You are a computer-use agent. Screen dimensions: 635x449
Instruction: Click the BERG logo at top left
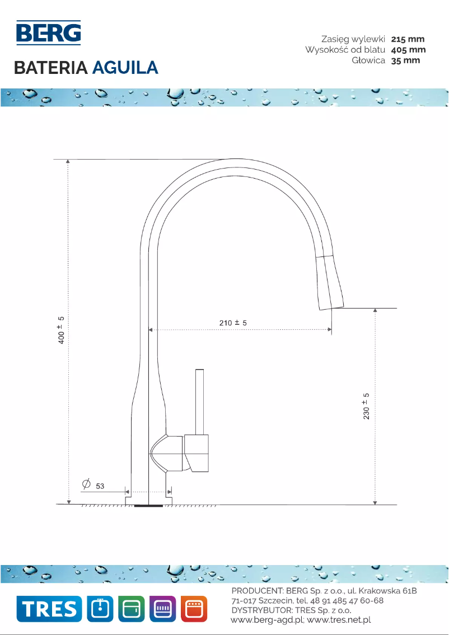point(48,33)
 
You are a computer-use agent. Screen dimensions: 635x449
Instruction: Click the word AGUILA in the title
point(125,68)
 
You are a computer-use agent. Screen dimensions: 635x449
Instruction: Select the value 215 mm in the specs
point(408,39)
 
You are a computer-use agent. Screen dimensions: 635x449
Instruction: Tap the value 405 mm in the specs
point(408,50)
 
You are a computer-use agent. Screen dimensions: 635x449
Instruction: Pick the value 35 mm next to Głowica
point(405,60)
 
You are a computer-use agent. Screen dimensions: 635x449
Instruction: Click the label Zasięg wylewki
point(353,39)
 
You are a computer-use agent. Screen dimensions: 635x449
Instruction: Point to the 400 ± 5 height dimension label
point(62,330)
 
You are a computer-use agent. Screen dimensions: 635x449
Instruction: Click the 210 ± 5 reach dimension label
point(232,323)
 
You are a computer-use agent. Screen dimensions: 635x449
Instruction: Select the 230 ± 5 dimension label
point(367,407)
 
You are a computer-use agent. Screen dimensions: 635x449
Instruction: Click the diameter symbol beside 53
point(86,483)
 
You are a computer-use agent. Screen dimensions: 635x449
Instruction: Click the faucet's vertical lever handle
point(199,401)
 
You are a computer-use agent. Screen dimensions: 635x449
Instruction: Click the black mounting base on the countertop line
point(148,505)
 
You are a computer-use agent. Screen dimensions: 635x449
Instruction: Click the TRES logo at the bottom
point(49,609)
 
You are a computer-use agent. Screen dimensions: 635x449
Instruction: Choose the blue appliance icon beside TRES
point(100,609)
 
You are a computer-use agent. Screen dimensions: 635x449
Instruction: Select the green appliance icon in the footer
point(132,609)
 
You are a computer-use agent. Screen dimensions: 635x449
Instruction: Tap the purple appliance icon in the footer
point(163,609)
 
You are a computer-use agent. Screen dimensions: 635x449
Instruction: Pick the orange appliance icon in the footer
point(194,609)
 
